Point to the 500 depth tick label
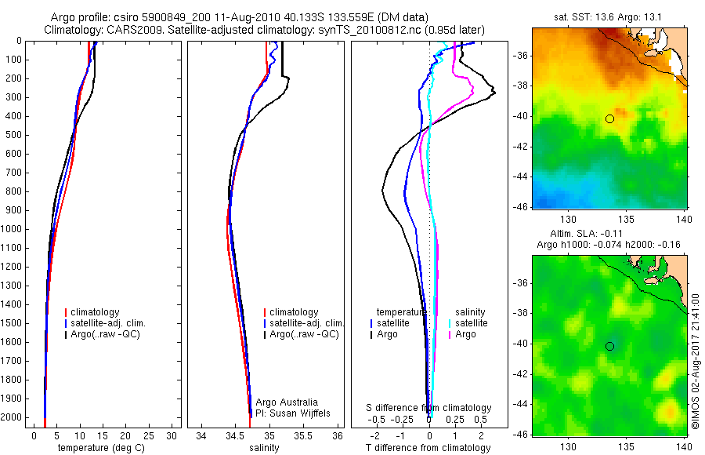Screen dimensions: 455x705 point(13,135)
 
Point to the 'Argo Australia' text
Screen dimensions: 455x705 point(287,402)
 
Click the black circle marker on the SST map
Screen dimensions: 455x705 point(609,119)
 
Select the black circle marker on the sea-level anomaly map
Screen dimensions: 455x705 point(609,346)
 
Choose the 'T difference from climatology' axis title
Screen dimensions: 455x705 point(428,448)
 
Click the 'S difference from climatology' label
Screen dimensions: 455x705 point(429,408)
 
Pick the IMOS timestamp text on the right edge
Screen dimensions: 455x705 point(696,361)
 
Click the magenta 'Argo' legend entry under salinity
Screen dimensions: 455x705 point(465,334)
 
